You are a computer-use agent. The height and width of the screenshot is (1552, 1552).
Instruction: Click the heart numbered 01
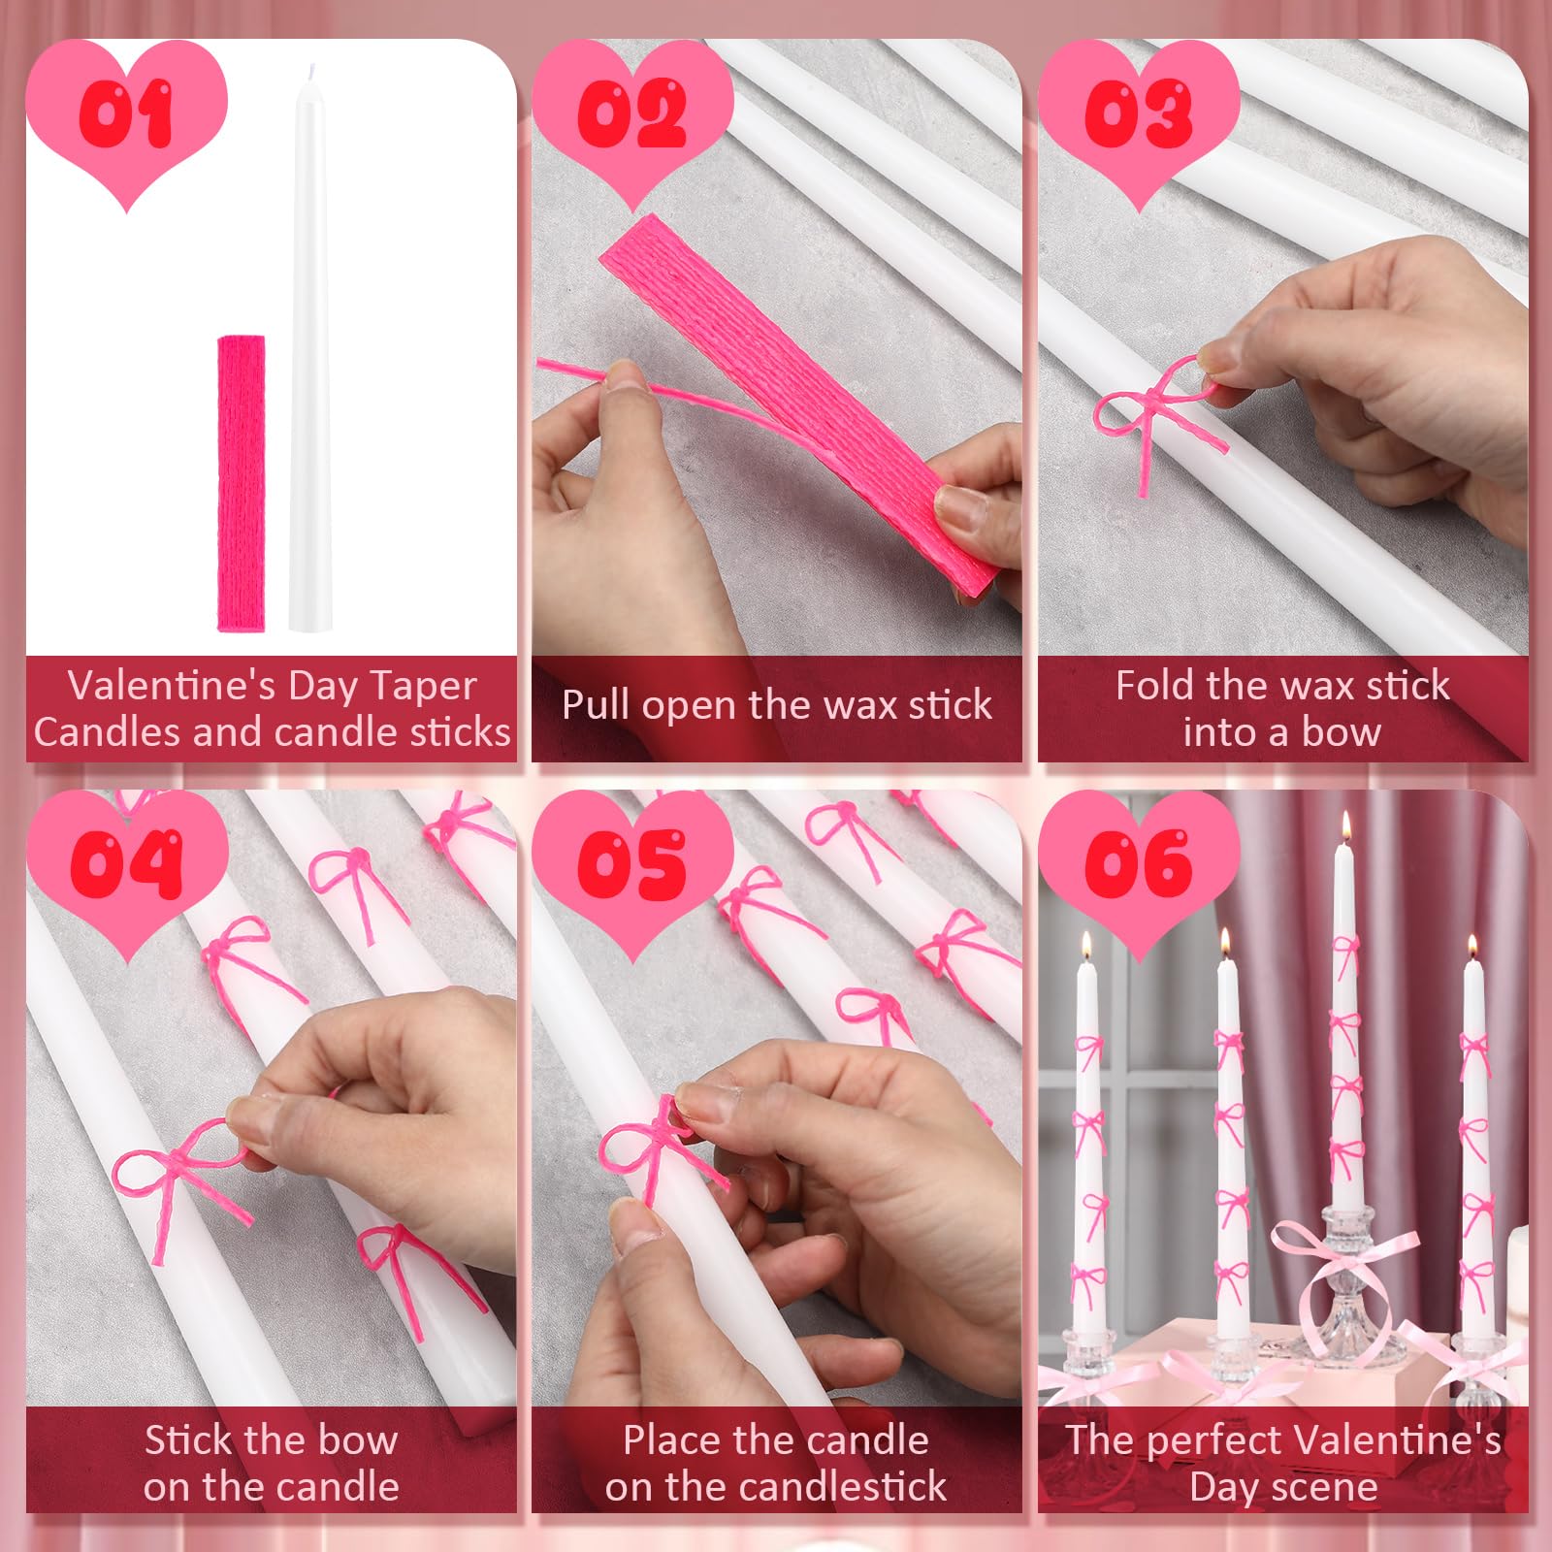pyautogui.click(x=126, y=121)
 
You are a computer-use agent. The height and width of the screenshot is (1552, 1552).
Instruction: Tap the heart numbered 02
pyautogui.click(x=632, y=121)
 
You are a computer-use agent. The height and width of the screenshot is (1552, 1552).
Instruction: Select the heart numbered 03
pyautogui.click(x=1139, y=121)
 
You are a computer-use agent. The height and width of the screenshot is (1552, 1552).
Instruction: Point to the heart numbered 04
pyautogui.click(x=126, y=873)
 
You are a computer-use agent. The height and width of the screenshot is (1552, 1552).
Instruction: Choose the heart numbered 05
pyautogui.click(x=632, y=873)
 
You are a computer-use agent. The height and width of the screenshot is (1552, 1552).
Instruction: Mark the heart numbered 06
pyautogui.click(x=1139, y=873)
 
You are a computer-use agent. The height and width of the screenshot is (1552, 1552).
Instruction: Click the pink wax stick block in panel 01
pyautogui.click(x=241, y=483)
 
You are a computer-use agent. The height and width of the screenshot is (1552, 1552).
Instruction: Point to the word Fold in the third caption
pyautogui.click(x=1154, y=686)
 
